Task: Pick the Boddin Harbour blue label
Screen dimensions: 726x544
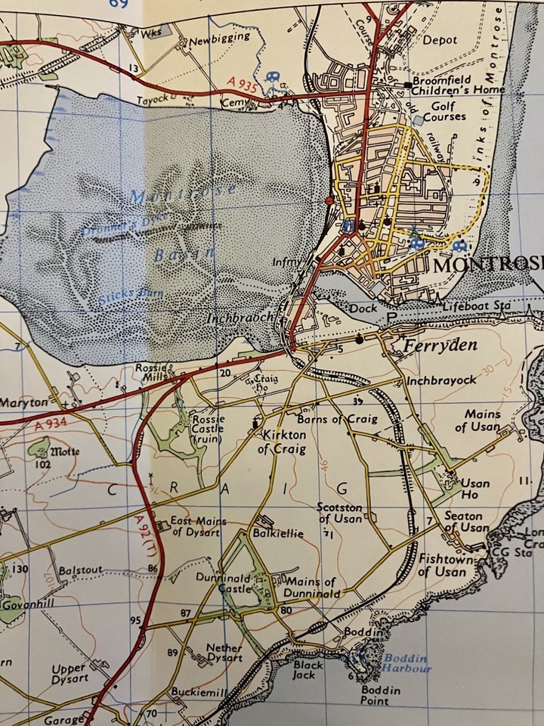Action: [406, 663]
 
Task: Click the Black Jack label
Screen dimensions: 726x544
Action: [308, 670]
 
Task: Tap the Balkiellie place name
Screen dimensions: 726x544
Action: [279, 533]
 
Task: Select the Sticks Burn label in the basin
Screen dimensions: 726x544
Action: [125, 296]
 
